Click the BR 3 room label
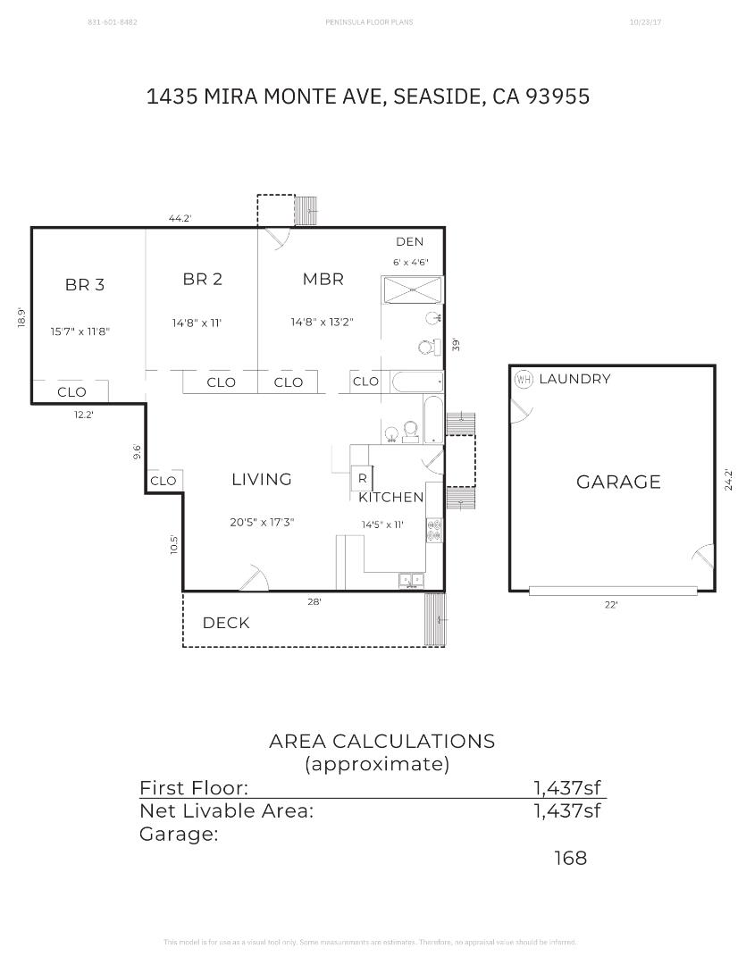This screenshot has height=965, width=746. (x=85, y=285)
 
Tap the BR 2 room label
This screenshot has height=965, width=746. (x=203, y=280)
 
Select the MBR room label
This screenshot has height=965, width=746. (x=323, y=280)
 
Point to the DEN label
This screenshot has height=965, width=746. (x=409, y=242)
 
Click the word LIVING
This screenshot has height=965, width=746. (x=262, y=480)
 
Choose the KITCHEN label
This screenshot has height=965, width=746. (x=391, y=498)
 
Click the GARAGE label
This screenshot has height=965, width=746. (x=618, y=482)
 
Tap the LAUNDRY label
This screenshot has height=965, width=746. (x=574, y=379)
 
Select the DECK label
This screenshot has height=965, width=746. (x=226, y=623)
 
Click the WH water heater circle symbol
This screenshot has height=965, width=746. (x=524, y=380)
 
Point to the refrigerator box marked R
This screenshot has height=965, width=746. (x=362, y=478)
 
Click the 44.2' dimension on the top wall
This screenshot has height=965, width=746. (x=180, y=218)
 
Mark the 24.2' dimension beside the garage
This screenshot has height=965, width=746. (x=729, y=480)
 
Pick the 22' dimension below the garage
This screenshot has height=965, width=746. (x=611, y=605)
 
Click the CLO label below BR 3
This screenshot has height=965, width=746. (x=71, y=392)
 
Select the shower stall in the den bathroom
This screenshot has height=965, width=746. (x=412, y=290)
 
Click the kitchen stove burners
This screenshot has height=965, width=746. (x=434, y=531)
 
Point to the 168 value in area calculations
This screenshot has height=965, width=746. (x=570, y=858)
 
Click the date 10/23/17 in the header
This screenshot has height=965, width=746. (x=645, y=21)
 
